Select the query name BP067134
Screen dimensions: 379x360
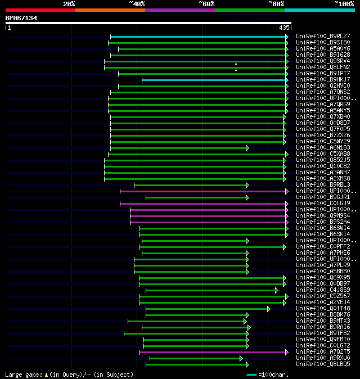click(21, 18)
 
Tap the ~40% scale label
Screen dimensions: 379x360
click(137, 4)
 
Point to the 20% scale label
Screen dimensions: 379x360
click(69, 4)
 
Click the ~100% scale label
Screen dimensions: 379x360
click(344, 4)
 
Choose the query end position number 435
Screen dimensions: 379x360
click(283, 27)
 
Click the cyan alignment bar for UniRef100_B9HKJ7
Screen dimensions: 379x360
click(214, 80)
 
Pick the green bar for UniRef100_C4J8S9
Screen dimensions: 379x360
click(210, 290)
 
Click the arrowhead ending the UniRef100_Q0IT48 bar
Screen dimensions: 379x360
click(269, 309)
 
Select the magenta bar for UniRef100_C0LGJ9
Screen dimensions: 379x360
click(202, 204)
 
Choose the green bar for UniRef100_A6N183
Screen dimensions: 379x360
click(178, 148)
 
